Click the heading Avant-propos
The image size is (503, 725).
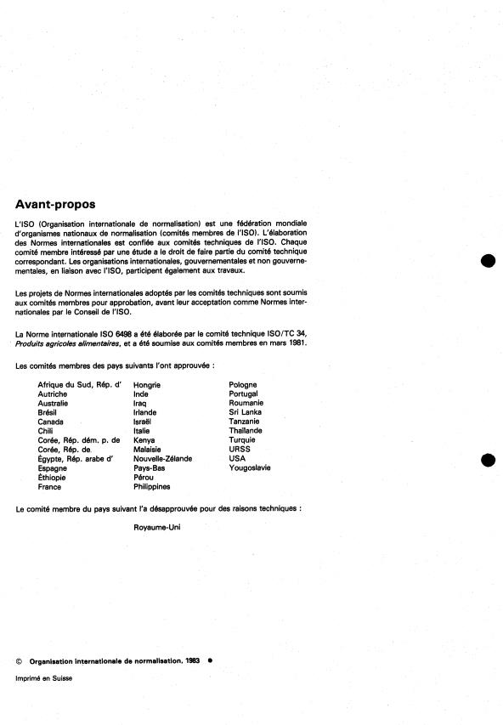click(x=55, y=204)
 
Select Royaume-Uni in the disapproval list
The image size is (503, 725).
click(x=157, y=528)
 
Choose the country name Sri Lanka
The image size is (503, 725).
click(x=245, y=412)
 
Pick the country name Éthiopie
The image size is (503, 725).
click(x=54, y=478)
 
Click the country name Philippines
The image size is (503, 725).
click(x=152, y=487)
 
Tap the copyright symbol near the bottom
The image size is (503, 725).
click(x=19, y=660)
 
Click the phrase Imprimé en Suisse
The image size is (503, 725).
click(x=44, y=678)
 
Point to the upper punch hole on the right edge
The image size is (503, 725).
click(x=488, y=262)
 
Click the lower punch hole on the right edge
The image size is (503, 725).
click(x=488, y=461)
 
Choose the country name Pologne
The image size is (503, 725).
click(x=243, y=385)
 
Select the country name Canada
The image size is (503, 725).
click(x=51, y=422)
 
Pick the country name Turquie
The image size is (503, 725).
click(x=243, y=440)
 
